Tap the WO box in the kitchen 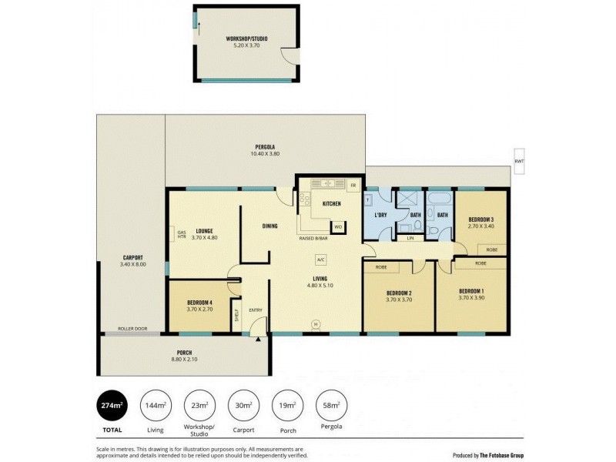point(337,227)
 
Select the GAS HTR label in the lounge point(182,235)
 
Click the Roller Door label point(132,329)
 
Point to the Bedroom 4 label point(199,303)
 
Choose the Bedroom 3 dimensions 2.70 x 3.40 point(480,226)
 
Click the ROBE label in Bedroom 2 point(380,266)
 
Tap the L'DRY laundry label point(380,214)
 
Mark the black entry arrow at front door point(258,337)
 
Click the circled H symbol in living point(315,323)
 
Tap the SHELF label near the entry point(236,317)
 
